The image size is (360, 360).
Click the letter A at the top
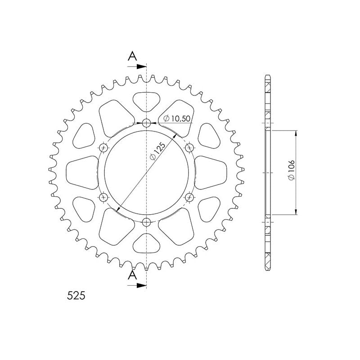point(132,56)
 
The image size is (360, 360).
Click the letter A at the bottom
point(132,275)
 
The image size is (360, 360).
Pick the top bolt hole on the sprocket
point(147,122)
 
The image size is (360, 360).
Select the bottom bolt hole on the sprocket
point(147,222)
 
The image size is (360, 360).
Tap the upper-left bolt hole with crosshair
point(104,147)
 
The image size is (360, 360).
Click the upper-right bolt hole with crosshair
point(189,147)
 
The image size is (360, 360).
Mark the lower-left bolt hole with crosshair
point(104,197)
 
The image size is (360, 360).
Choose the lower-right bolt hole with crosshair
point(189,197)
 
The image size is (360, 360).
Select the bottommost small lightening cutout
point(147,244)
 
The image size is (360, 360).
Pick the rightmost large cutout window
point(212,172)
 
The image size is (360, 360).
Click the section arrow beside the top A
point(139,67)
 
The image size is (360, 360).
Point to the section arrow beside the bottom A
point(139,285)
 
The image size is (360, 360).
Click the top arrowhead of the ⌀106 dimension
point(296,133)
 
